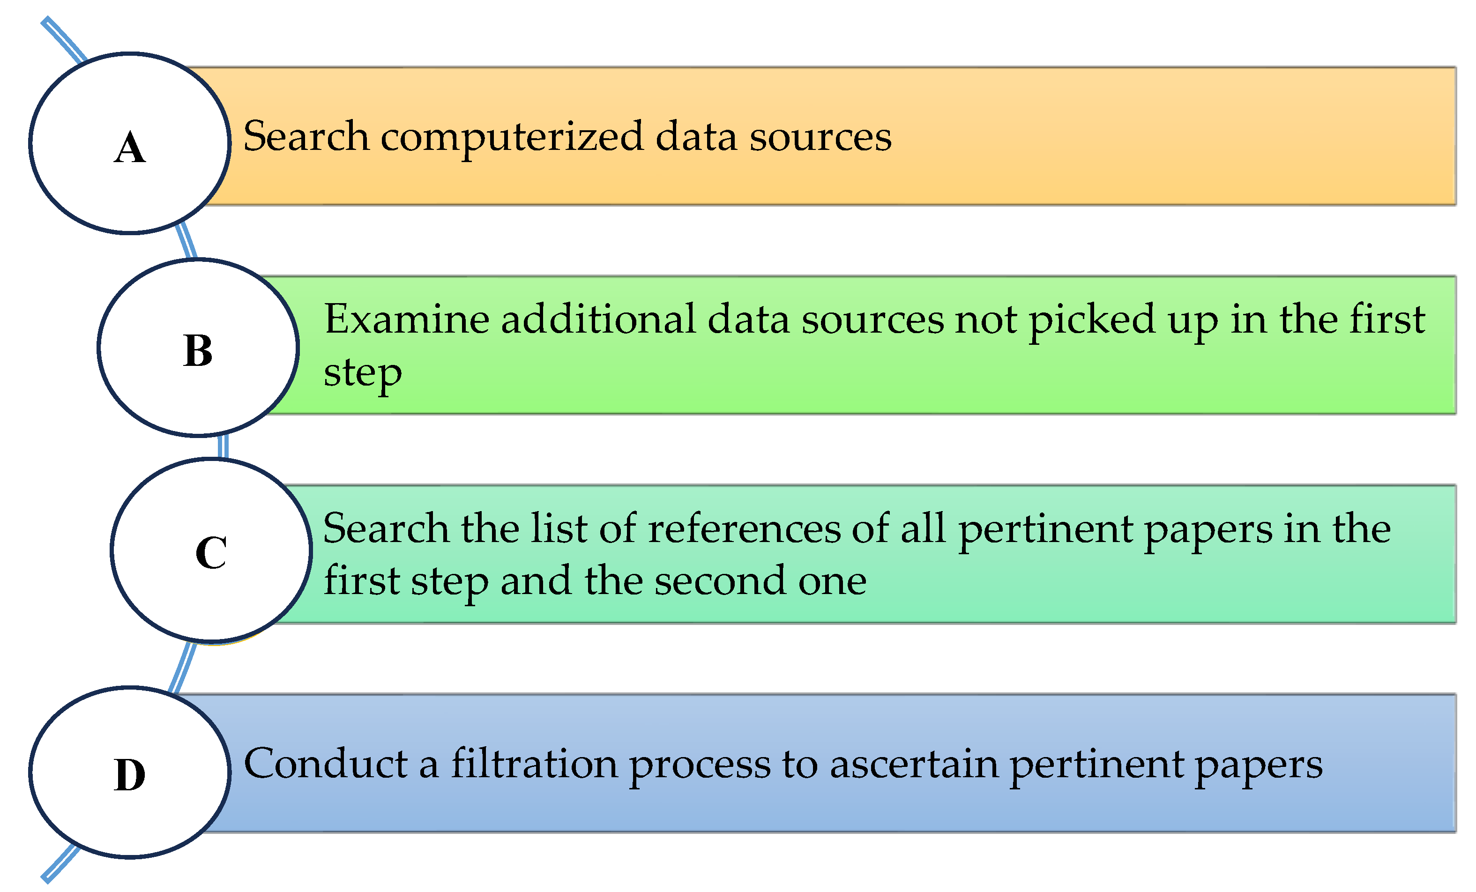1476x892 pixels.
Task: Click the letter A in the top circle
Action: pyautogui.click(x=129, y=148)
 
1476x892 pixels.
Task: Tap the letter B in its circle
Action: pyautogui.click(x=198, y=350)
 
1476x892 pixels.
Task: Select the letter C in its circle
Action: pyautogui.click(x=211, y=552)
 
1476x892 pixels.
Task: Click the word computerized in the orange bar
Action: pyautogui.click(x=512, y=138)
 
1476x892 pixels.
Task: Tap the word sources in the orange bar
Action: pyautogui.click(x=820, y=137)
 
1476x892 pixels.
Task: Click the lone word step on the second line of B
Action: pyautogui.click(x=362, y=374)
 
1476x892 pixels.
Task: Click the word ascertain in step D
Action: pyautogui.click(x=914, y=765)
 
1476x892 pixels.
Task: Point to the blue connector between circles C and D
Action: pyautogui.click(x=182, y=667)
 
